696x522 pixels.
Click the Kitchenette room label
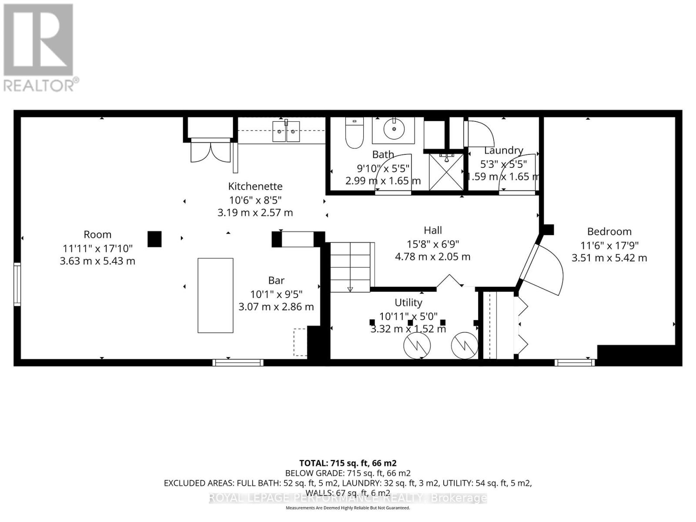(255, 186)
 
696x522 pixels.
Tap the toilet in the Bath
(355, 133)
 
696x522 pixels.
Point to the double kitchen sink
(286, 131)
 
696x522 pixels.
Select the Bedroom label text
(609, 231)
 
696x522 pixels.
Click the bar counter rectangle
(215, 295)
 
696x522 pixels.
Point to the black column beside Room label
(154, 239)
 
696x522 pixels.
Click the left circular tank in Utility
(417, 345)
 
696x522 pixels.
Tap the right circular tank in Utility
(465, 345)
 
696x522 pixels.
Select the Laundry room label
(503, 151)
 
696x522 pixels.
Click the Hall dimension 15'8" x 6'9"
(433, 244)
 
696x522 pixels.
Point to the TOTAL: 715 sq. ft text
(348, 463)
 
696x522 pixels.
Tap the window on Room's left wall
(17, 284)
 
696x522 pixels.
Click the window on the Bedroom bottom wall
(575, 362)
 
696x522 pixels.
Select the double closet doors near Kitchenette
(211, 151)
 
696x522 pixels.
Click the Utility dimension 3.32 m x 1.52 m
(408, 329)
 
